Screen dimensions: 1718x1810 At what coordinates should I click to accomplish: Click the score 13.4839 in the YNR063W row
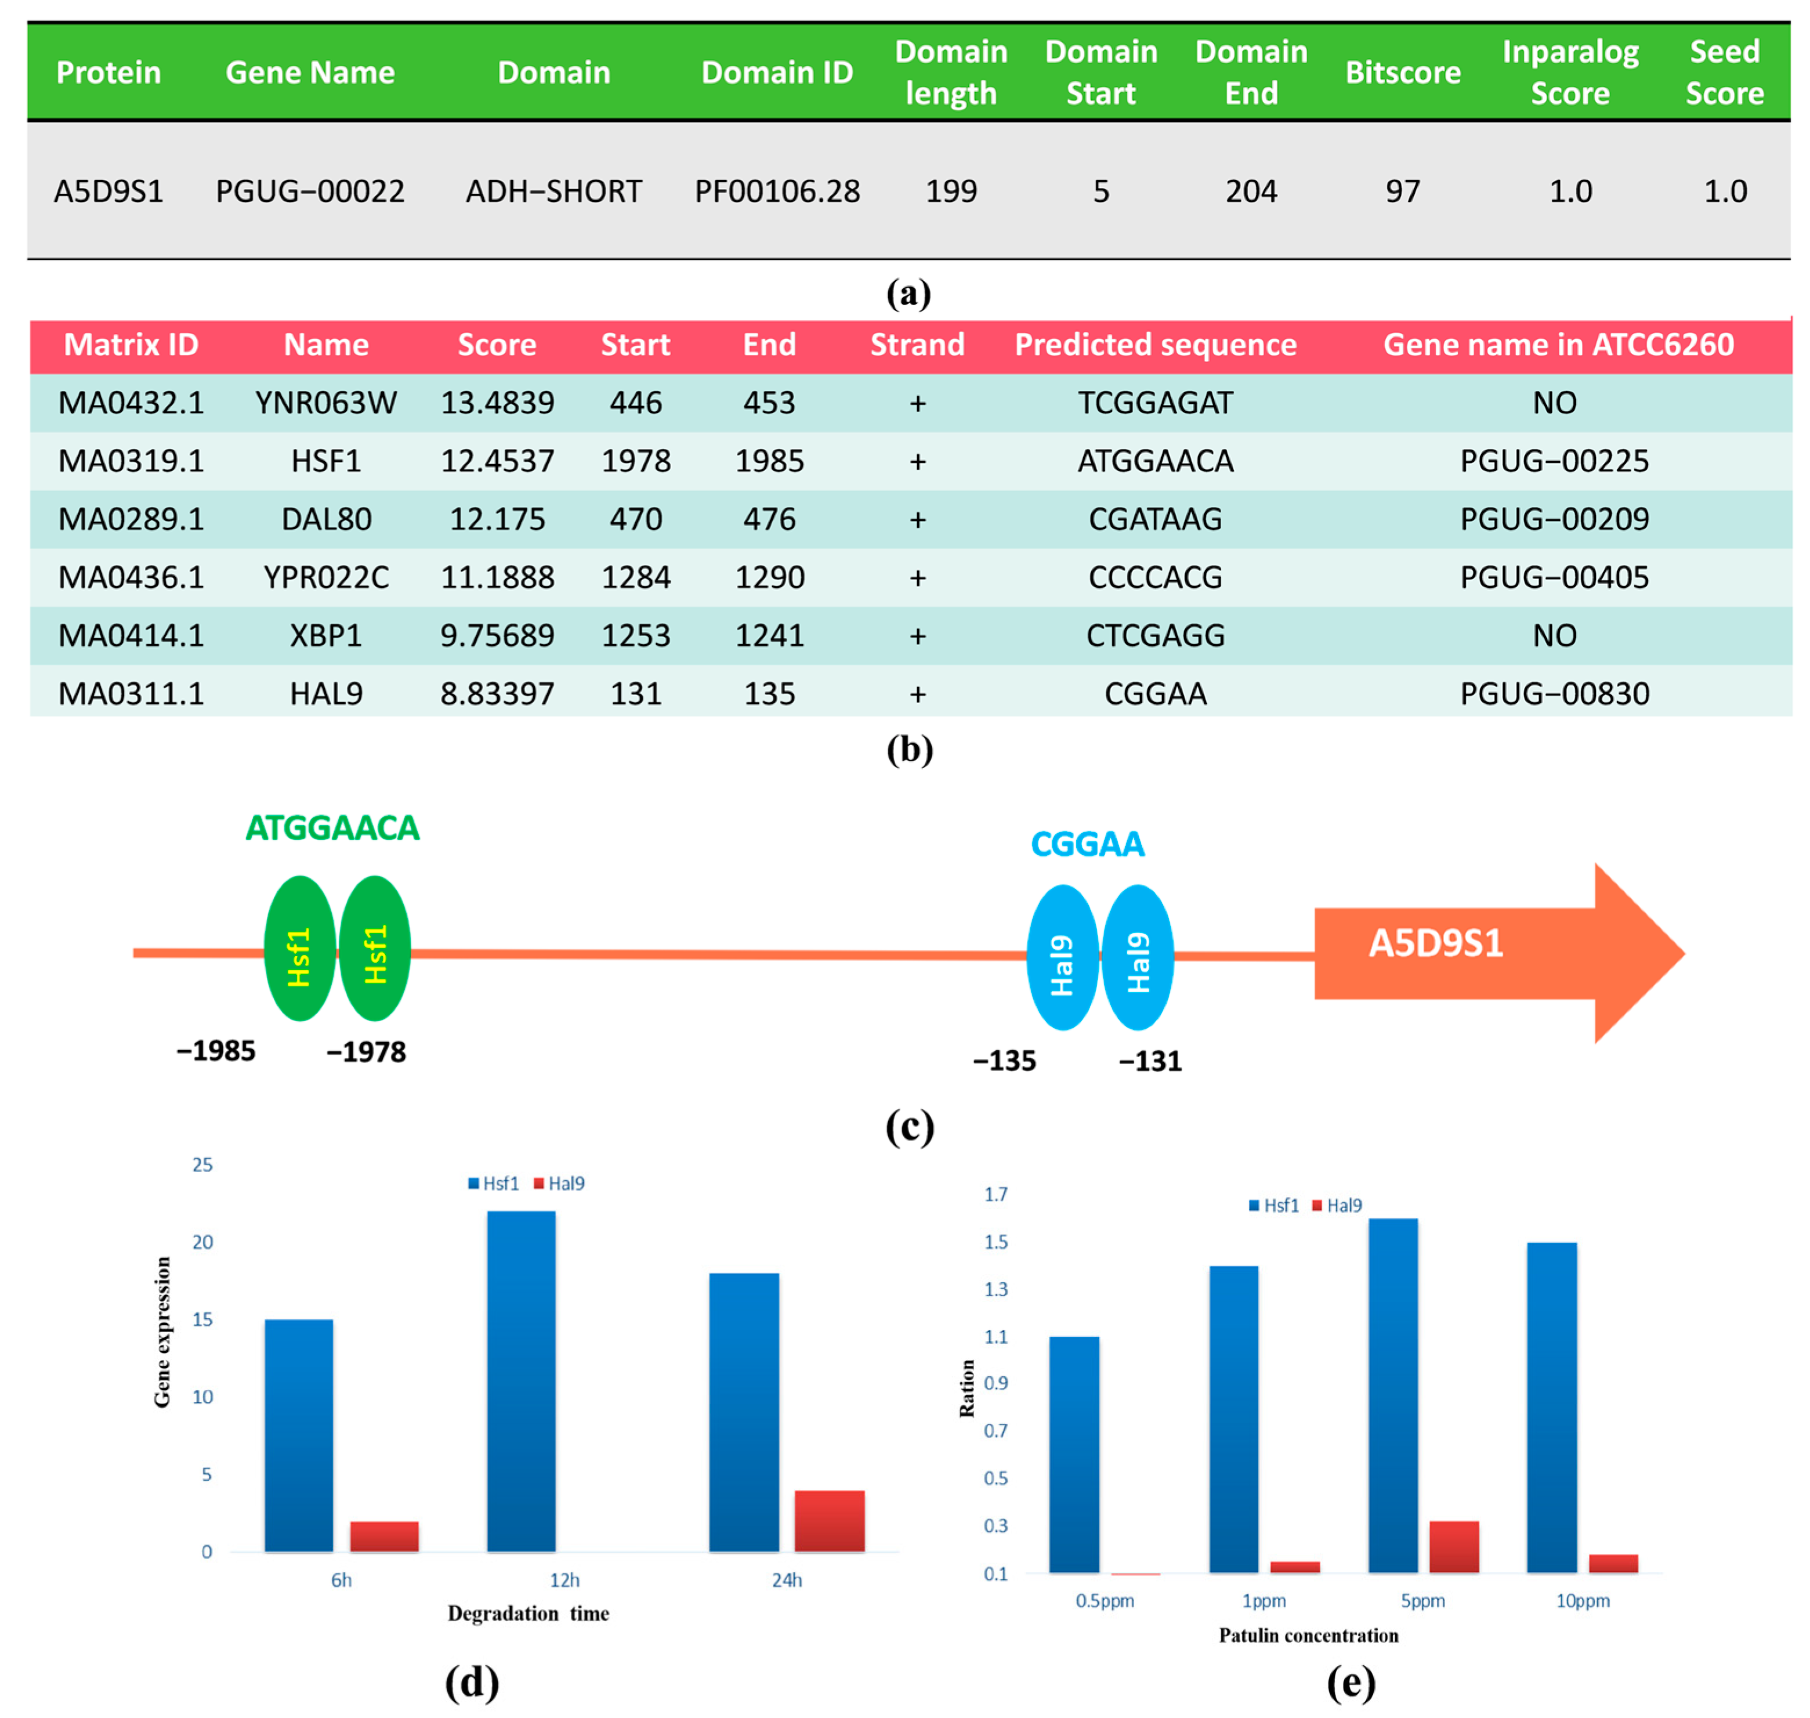497,403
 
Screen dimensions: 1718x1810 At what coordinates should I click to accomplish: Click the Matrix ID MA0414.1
131,635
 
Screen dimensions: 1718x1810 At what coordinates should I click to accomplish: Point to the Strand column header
917,344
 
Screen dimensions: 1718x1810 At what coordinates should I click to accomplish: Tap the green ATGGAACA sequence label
332,828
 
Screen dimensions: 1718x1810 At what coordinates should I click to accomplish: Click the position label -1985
216,1050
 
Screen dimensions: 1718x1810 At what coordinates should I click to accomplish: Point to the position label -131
1149,1061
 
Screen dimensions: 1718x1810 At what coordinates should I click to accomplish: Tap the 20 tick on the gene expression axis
202,1242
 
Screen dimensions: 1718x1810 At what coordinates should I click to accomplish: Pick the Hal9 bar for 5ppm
1453,1547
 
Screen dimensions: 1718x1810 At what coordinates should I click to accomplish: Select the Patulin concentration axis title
1308,1636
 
